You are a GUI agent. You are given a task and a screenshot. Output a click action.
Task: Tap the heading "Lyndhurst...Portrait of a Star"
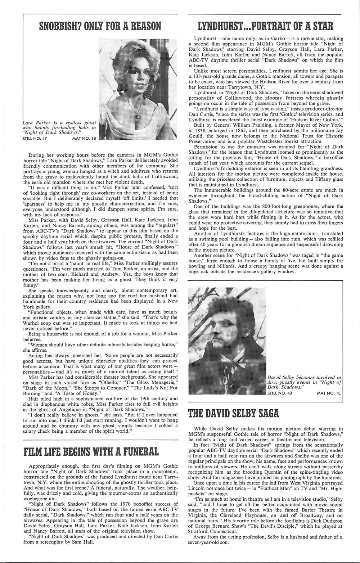(x=266, y=26)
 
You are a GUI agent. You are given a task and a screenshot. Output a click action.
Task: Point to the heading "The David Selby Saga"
(x=234, y=413)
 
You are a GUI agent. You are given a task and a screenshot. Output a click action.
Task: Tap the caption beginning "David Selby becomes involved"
(x=304, y=382)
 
